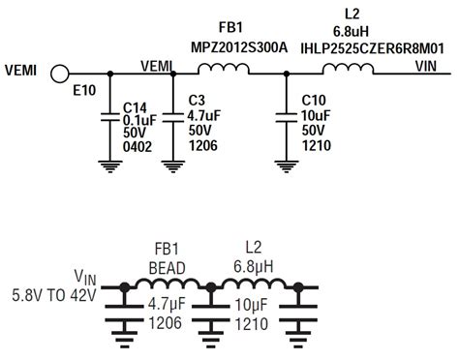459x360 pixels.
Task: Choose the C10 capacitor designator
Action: point(312,100)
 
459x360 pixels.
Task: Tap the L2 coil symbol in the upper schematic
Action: point(346,68)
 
